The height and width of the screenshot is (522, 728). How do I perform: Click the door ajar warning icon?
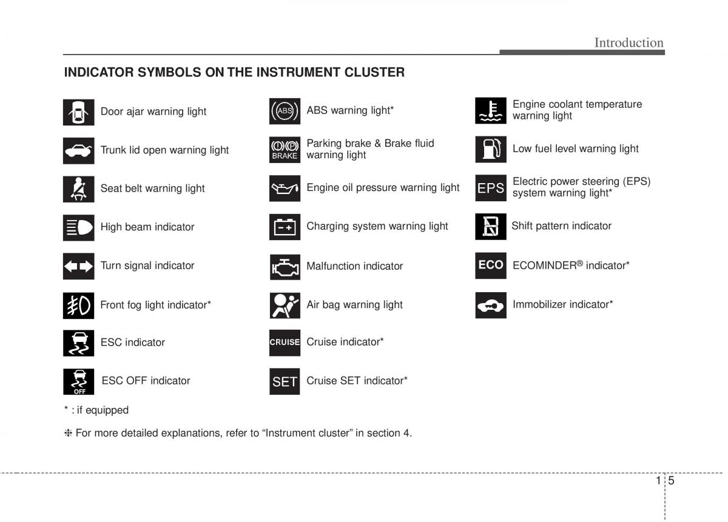[x=78, y=112]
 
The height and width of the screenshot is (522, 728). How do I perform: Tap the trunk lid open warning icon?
[x=78, y=150]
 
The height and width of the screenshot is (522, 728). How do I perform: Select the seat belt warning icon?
[x=78, y=189]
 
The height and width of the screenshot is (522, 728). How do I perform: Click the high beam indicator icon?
[x=78, y=227]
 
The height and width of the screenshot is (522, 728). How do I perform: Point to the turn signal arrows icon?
[x=78, y=266]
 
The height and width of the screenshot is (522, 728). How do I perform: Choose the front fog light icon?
[x=78, y=305]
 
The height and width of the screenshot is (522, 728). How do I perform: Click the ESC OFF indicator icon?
[x=78, y=381]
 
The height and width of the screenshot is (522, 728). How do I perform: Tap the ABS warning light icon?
[x=285, y=111]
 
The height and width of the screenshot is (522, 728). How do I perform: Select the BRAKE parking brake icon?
[x=285, y=150]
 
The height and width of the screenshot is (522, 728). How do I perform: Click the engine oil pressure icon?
[x=285, y=189]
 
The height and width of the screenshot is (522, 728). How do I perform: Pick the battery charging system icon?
[x=285, y=227]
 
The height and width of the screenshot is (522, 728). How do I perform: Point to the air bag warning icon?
[x=285, y=305]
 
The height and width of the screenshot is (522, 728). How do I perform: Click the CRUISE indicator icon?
[x=285, y=343]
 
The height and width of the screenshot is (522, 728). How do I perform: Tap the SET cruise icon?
[x=285, y=381]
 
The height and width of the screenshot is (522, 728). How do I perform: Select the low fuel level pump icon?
[x=490, y=149]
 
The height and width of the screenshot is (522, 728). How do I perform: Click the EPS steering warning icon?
[x=490, y=188]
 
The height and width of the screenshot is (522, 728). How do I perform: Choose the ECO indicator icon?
[x=490, y=265]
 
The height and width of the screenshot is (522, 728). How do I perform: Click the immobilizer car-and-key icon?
[x=490, y=305]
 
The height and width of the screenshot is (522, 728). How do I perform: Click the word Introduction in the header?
[x=629, y=42]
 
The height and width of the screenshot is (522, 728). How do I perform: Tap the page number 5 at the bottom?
[x=672, y=481]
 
